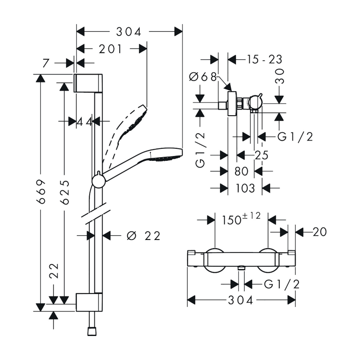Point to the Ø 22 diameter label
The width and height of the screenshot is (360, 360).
[143, 236]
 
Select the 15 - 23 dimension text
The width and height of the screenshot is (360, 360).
[264, 60]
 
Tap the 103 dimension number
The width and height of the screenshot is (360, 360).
[245, 188]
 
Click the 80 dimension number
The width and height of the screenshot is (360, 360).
[241, 171]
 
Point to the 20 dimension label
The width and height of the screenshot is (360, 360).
[320, 232]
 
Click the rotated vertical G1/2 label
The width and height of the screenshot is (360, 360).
[201, 150]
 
